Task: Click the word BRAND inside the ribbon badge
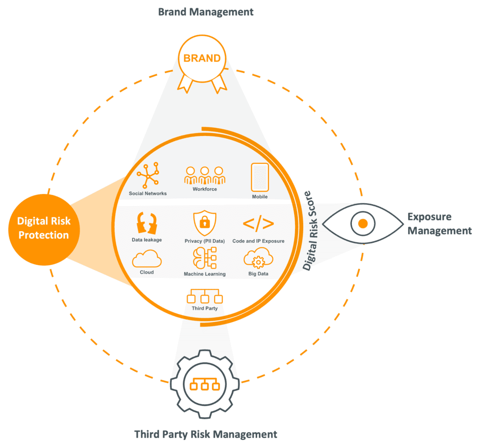[x=202, y=58]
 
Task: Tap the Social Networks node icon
[x=148, y=176]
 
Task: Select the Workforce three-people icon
[x=205, y=175]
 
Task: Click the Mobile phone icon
[x=260, y=178]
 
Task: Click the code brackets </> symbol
[x=258, y=224]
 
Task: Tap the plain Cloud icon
[x=147, y=259]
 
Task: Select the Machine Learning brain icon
[x=204, y=259]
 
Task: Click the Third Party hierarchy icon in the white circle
[x=205, y=296]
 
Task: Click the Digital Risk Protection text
[x=44, y=228]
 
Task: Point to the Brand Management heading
[x=206, y=12]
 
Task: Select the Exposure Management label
[x=439, y=224]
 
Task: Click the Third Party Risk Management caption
[x=206, y=434]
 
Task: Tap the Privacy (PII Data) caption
[x=205, y=241]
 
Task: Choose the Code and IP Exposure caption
[x=258, y=241]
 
